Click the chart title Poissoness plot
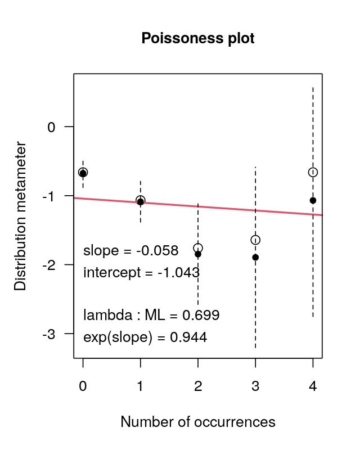click(198, 38)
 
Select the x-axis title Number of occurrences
click(198, 422)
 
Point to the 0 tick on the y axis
click(52, 127)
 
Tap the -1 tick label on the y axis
click(49, 196)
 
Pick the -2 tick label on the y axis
click(49, 265)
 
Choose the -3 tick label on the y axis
click(49, 334)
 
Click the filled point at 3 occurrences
click(255, 257)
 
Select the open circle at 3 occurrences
click(255, 240)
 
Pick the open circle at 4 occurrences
click(313, 172)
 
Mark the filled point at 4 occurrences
click(313, 200)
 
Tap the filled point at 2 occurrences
click(198, 254)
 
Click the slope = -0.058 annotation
click(130, 251)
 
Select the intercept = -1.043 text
click(141, 273)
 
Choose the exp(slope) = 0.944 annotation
click(145, 337)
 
